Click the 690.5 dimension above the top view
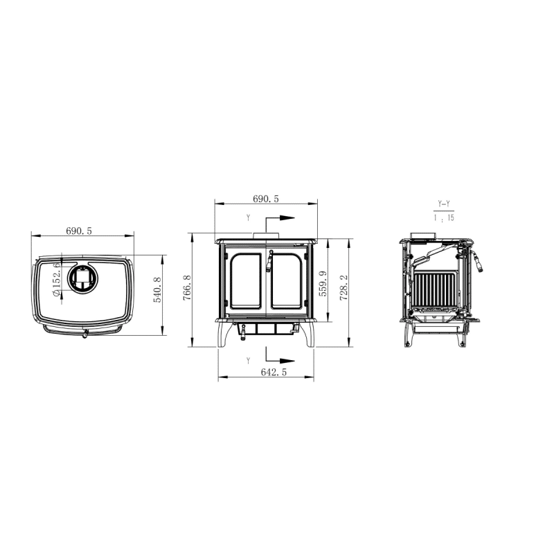coord(79,231)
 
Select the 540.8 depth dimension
coord(157,289)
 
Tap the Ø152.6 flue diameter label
coord(56,280)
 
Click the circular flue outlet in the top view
coord(82,278)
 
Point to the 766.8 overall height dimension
coord(187,288)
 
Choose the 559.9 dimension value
coord(323,284)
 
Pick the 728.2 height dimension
coord(343,288)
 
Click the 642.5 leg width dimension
coord(274,372)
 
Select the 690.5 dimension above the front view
coord(266,199)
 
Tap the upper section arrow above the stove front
coord(280,218)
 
